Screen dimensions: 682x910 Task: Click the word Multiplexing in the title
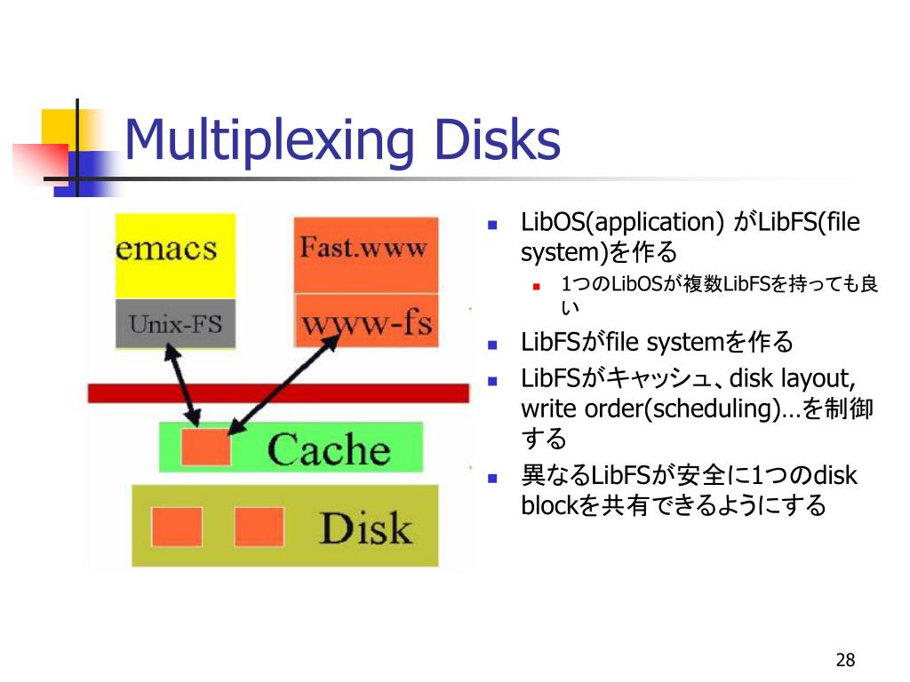[267, 141]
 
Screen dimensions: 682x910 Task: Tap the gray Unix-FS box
[175, 323]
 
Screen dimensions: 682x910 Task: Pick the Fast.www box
[365, 253]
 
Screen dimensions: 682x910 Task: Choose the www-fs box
[365, 321]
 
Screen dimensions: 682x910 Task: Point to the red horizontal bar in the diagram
[277, 393]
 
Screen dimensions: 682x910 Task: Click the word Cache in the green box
[329, 448]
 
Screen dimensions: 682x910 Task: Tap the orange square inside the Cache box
[205, 446]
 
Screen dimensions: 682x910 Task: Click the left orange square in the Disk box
[176, 526]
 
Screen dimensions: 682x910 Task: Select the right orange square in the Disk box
[258, 526]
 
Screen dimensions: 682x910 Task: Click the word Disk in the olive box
[365, 527]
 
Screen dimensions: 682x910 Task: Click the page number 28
[844, 660]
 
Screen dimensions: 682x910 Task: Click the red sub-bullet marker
[536, 285]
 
